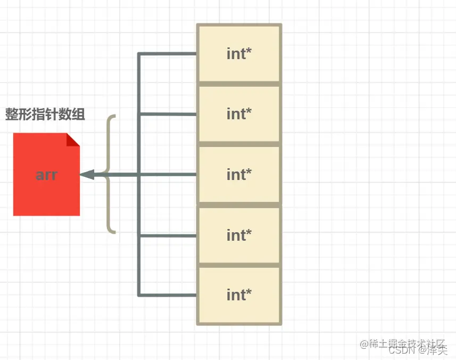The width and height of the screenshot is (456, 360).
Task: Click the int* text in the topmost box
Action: tap(239, 54)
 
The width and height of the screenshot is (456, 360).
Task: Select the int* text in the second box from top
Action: tap(239, 114)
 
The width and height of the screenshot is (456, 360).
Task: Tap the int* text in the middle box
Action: tap(239, 175)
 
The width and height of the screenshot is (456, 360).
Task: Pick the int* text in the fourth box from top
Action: tap(239, 235)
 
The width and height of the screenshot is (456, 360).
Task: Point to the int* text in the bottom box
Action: tap(239, 294)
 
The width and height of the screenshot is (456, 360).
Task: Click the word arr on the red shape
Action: tap(46, 175)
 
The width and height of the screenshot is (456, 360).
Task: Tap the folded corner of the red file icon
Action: tap(73, 139)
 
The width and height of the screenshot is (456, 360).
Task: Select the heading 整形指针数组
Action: tap(45, 114)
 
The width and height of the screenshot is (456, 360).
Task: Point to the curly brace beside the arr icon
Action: tap(111, 174)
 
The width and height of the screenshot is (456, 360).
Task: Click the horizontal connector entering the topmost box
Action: tap(168, 54)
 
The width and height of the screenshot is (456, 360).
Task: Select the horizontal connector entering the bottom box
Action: tap(168, 294)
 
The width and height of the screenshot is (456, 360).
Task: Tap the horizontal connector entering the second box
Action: tap(168, 114)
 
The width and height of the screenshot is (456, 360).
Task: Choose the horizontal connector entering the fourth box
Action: tap(168, 235)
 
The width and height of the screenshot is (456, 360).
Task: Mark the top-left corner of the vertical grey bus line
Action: tap(139, 54)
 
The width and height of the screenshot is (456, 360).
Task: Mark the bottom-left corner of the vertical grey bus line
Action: tap(139, 294)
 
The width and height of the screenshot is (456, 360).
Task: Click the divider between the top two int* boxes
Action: tap(239, 84)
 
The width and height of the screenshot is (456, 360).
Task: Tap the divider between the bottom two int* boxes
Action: tap(239, 265)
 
